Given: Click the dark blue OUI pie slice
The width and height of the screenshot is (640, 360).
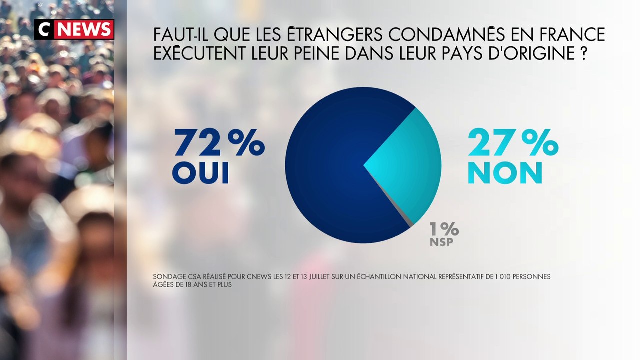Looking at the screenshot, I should pyautogui.click(x=325, y=170).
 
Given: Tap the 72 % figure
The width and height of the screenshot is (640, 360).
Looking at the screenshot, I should pyautogui.click(x=218, y=144).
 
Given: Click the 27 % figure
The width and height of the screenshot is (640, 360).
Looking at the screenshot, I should pyautogui.click(x=512, y=144).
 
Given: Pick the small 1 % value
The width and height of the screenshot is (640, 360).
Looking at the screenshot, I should pyautogui.click(x=444, y=229).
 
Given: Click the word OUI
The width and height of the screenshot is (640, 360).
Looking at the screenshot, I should pyautogui.click(x=200, y=173).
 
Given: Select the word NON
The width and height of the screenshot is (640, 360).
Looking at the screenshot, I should pyautogui.click(x=505, y=173).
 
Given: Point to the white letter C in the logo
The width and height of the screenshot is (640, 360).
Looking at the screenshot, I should pyautogui.click(x=44, y=30).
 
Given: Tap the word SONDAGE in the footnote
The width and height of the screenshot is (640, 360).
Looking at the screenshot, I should pyautogui.click(x=170, y=277).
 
